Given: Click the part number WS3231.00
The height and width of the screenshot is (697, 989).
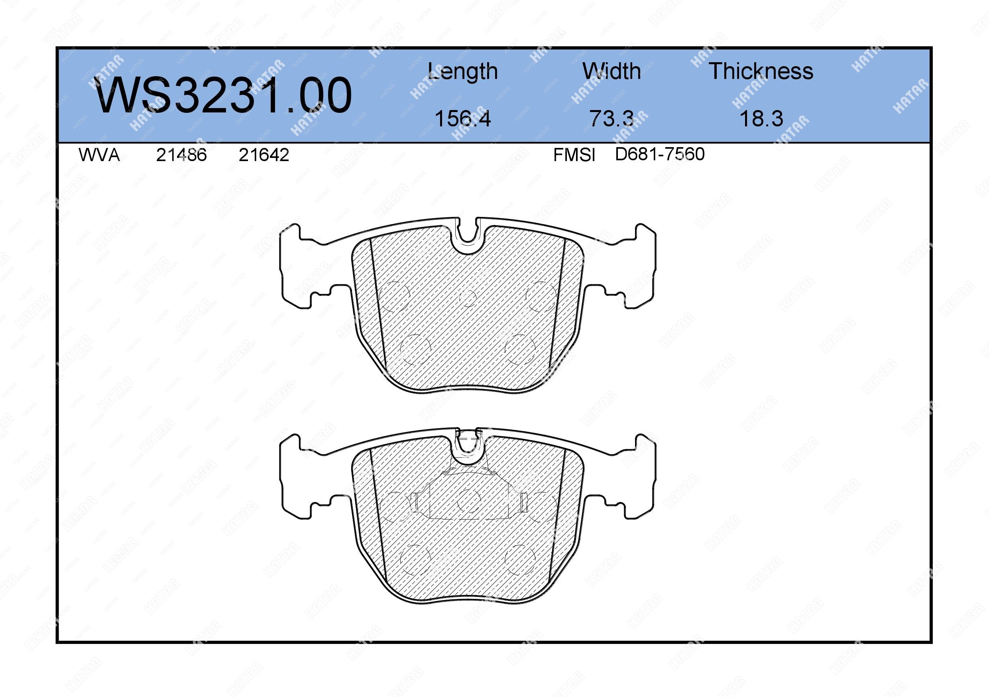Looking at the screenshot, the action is (x=223, y=95).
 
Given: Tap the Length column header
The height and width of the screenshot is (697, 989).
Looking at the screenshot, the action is (x=463, y=71).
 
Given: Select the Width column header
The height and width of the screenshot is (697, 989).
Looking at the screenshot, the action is (x=611, y=71).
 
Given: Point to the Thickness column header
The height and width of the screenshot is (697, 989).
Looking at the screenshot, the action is (x=761, y=71).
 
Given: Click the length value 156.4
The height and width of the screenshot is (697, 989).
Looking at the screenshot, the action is (x=463, y=118).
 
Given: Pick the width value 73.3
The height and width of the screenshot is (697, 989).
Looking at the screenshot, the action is (x=611, y=118).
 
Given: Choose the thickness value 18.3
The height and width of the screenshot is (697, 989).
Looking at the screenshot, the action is (x=761, y=118).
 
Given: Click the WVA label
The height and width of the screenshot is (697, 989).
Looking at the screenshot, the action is (x=99, y=155).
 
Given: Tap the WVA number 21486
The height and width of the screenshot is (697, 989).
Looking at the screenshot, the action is (x=181, y=155).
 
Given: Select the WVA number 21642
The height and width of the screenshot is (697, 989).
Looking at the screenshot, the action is (x=263, y=155).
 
